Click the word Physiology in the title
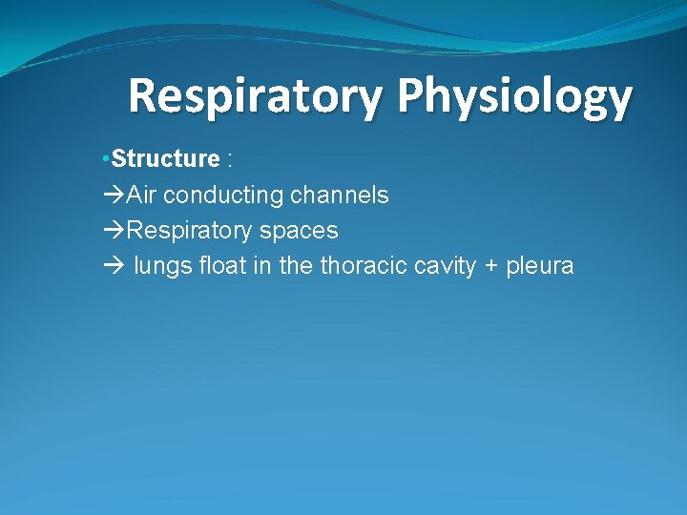514,97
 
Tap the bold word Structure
165,158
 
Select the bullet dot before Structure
107,158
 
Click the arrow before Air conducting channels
113,196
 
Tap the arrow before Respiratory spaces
113,231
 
